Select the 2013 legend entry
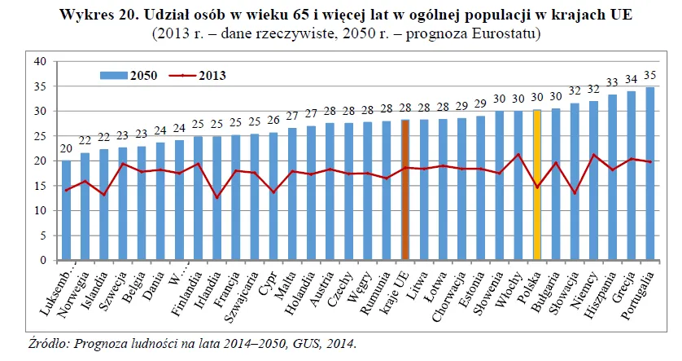pyautogui.click(x=195, y=75)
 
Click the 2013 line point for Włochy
pyautogui.click(x=518, y=155)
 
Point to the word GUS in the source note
pyautogui.click(x=301, y=344)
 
